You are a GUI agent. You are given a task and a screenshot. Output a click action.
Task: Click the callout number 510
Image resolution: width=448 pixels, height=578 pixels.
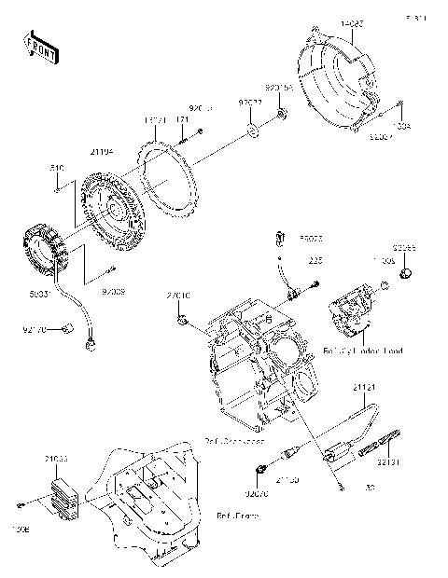pyautogui.click(x=56, y=168)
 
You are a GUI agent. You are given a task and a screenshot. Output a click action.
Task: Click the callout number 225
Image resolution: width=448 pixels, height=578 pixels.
pyautogui.click(x=315, y=261)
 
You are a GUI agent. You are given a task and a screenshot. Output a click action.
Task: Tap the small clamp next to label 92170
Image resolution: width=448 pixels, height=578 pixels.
pyautogui.click(x=67, y=325)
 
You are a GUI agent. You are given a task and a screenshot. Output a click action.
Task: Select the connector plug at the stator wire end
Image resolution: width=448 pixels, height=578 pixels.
pyautogui.click(x=91, y=344)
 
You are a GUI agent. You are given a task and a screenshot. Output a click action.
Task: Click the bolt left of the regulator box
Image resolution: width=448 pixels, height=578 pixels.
pyautogui.click(x=19, y=504)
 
